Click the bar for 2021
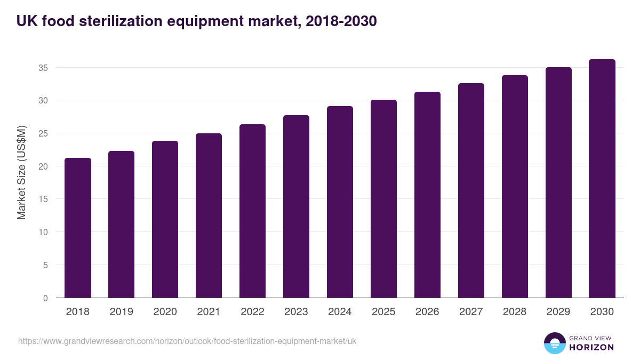pyautogui.click(x=209, y=215)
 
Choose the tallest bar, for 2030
pyautogui.click(x=602, y=178)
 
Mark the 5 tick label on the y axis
pyautogui.click(x=45, y=265)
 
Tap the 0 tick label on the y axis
pyautogui.click(x=45, y=298)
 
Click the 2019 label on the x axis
pyautogui.click(x=121, y=312)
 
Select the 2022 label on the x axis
pyautogui.click(x=252, y=312)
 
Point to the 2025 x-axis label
pyautogui.click(x=383, y=312)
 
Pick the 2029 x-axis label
pyautogui.click(x=558, y=312)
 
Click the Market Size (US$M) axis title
pyautogui.click(x=21, y=172)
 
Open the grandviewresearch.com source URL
pyautogui.click(x=187, y=341)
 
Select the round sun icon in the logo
pyautogui.click(x=555, y=343)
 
